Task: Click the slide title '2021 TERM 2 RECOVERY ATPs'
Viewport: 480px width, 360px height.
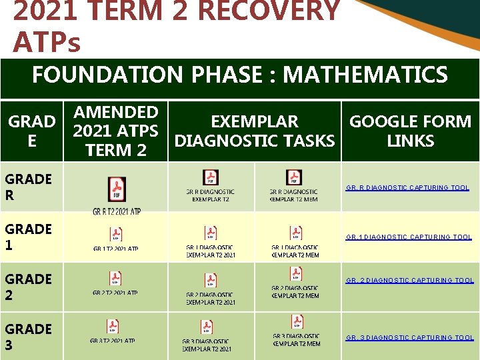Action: pyautogui.click(x=177, y=27)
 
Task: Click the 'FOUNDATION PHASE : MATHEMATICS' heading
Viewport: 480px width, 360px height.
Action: pyautogui.click(x=239, y=75)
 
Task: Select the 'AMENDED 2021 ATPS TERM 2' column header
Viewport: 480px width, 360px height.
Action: pyautogui.click(x=116, y=131)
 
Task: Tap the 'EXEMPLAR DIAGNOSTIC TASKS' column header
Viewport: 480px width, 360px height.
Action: pyautogui.click(x=254, y=131)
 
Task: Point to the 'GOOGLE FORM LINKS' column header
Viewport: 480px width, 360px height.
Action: pyautogui.click(x=410, y=131)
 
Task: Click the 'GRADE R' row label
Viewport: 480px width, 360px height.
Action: pyautogui.click(x=28, y=187)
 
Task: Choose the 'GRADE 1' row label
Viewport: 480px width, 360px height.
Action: pyautogui.click(x=28, y=237)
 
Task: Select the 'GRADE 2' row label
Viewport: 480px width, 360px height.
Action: pyautogui.click(x=28, y=287)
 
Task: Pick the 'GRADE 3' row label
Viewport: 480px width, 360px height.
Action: pyautogui.click(x=28, y=337)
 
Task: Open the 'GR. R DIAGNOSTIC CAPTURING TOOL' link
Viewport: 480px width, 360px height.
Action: pyautogui.click(x=407, y=188)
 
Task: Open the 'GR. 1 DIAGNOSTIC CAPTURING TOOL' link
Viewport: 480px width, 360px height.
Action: pyautogui.click(x=408, y=237)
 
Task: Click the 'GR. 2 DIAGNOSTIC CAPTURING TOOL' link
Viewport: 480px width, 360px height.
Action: pyautogui.click(x=409, y=281)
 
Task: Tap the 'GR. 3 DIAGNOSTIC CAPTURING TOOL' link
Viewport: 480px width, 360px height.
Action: pyautogui.click(x=409, y=338)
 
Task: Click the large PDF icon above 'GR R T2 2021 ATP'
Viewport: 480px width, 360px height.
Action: pyautogui.click(x=117, y=189)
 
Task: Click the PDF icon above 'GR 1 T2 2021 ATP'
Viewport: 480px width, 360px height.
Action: pyautogui.click(x=116, y=234)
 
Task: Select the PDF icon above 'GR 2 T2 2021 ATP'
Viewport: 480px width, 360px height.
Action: pyautogui.click(x=116, y=278)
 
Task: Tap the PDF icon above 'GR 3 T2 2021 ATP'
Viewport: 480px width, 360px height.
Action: pyautogui.click(x=113, y=327)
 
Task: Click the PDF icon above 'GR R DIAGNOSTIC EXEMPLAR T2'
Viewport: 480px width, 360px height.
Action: pyautogui.click(x=210, y=177)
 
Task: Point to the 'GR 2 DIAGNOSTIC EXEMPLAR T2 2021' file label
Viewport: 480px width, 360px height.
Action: pyautogui.click(x=211, y=299)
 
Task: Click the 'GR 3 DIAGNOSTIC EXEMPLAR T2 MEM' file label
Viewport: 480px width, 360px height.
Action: pyautogui.click(x=296, y=340)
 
